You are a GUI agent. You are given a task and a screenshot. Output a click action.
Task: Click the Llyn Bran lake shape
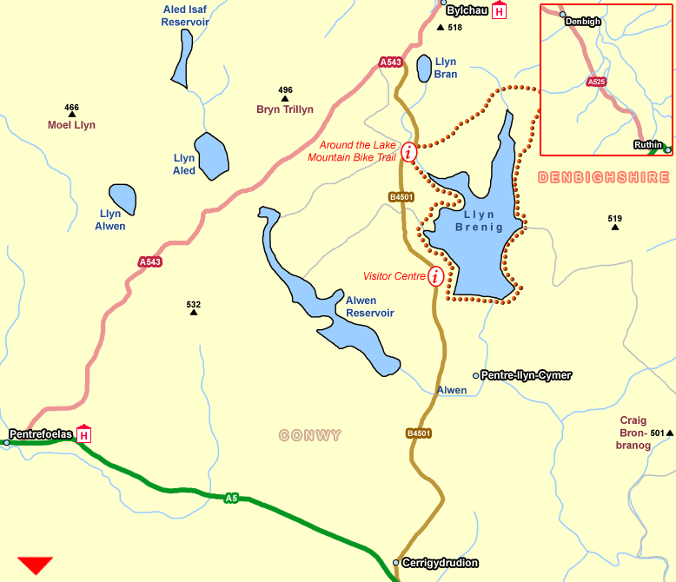[424, 68]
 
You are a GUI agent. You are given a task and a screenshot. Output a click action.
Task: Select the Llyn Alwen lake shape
[123, 199]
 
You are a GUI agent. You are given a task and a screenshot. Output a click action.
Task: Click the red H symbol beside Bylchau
[499, 11]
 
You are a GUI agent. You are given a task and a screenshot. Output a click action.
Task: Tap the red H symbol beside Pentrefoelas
[84, 434]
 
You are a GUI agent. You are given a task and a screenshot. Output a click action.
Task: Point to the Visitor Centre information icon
[435, 276]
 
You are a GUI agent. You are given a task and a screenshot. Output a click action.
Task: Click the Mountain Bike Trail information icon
[408, 151]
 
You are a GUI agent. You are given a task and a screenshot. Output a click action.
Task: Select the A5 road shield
[230, 498]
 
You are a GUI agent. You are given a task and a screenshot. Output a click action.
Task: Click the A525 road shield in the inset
[595, 82]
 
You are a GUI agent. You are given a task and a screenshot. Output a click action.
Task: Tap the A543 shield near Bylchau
[391, 62]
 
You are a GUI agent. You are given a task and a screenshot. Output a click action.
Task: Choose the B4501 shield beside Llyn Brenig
[401, 197]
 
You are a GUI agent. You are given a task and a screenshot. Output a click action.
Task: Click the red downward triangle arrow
[35, 565]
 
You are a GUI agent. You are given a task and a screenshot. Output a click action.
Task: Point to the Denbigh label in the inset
[584, 21]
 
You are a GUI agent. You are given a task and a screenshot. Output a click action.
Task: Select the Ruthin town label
[647, 145]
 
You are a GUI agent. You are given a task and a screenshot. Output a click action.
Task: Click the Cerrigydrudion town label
[441, 563]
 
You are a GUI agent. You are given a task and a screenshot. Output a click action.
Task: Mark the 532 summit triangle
[194, 312]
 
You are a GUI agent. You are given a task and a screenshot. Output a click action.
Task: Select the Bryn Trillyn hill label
[284, 109]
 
